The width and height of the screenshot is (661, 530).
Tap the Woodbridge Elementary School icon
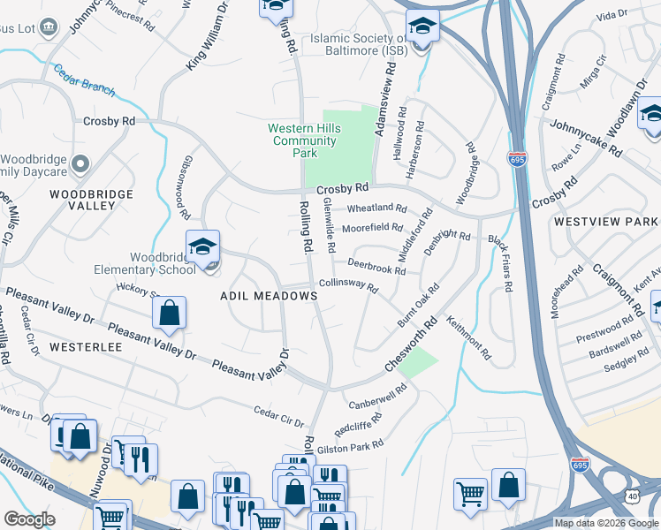pos(202,246)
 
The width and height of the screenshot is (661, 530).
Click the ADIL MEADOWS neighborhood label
pos(269,297)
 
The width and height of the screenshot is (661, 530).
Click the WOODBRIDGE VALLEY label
pos(91,200)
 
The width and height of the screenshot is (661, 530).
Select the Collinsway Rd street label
pos(348,285)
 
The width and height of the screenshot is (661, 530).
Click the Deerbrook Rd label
pos(376,266)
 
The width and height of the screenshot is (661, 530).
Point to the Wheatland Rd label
pos(376,208)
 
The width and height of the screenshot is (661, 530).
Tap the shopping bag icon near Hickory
pos(169,313)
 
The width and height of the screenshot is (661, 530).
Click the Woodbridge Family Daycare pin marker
pos(81,163)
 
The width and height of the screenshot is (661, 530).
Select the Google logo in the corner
pos(29,519)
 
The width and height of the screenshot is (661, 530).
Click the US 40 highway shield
pos(633,497)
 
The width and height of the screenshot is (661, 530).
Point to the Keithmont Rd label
pos(468,341)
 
